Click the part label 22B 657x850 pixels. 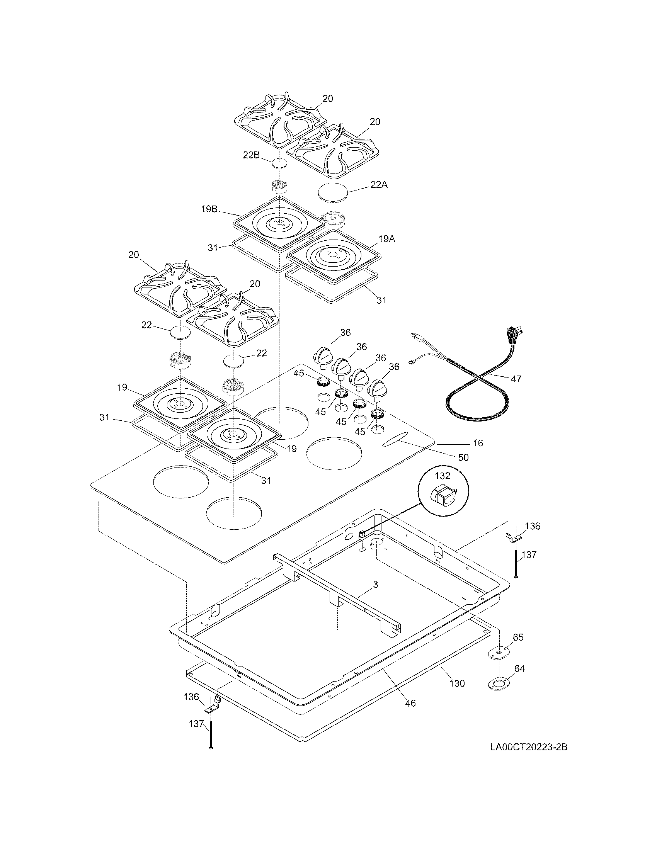click(251, 155)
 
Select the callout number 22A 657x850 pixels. click(379, 185)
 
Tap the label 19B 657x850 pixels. click(209, 209)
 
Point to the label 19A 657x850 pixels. click(386, 239)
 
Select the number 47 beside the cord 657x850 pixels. click(516, 379)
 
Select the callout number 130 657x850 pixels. click(457, 683)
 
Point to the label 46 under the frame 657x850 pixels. click(410, 703)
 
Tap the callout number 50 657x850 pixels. click(463, 458)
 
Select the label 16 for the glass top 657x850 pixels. click(478, 443)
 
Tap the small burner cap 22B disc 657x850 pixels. click(279, 163)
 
